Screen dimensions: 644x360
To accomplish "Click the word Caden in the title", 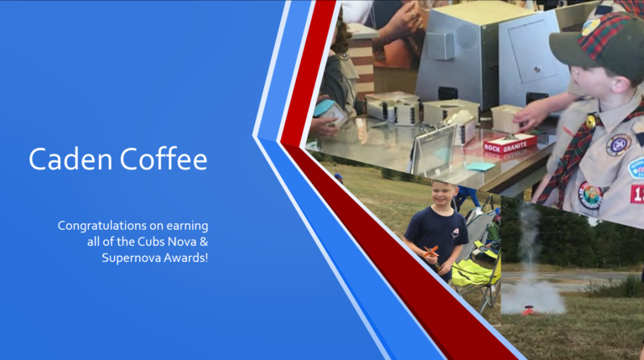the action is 70,159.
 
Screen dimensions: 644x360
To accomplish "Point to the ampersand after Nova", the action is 204,242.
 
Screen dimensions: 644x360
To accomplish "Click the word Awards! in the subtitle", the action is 186,258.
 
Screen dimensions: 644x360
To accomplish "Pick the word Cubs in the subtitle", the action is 150,242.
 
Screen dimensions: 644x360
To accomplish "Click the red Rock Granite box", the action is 510,143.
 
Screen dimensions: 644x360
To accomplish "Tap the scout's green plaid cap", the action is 598,42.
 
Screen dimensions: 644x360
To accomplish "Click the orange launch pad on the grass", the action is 528,310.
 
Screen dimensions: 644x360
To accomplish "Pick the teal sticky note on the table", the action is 480,166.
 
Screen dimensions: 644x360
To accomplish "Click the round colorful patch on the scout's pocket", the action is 590,195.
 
